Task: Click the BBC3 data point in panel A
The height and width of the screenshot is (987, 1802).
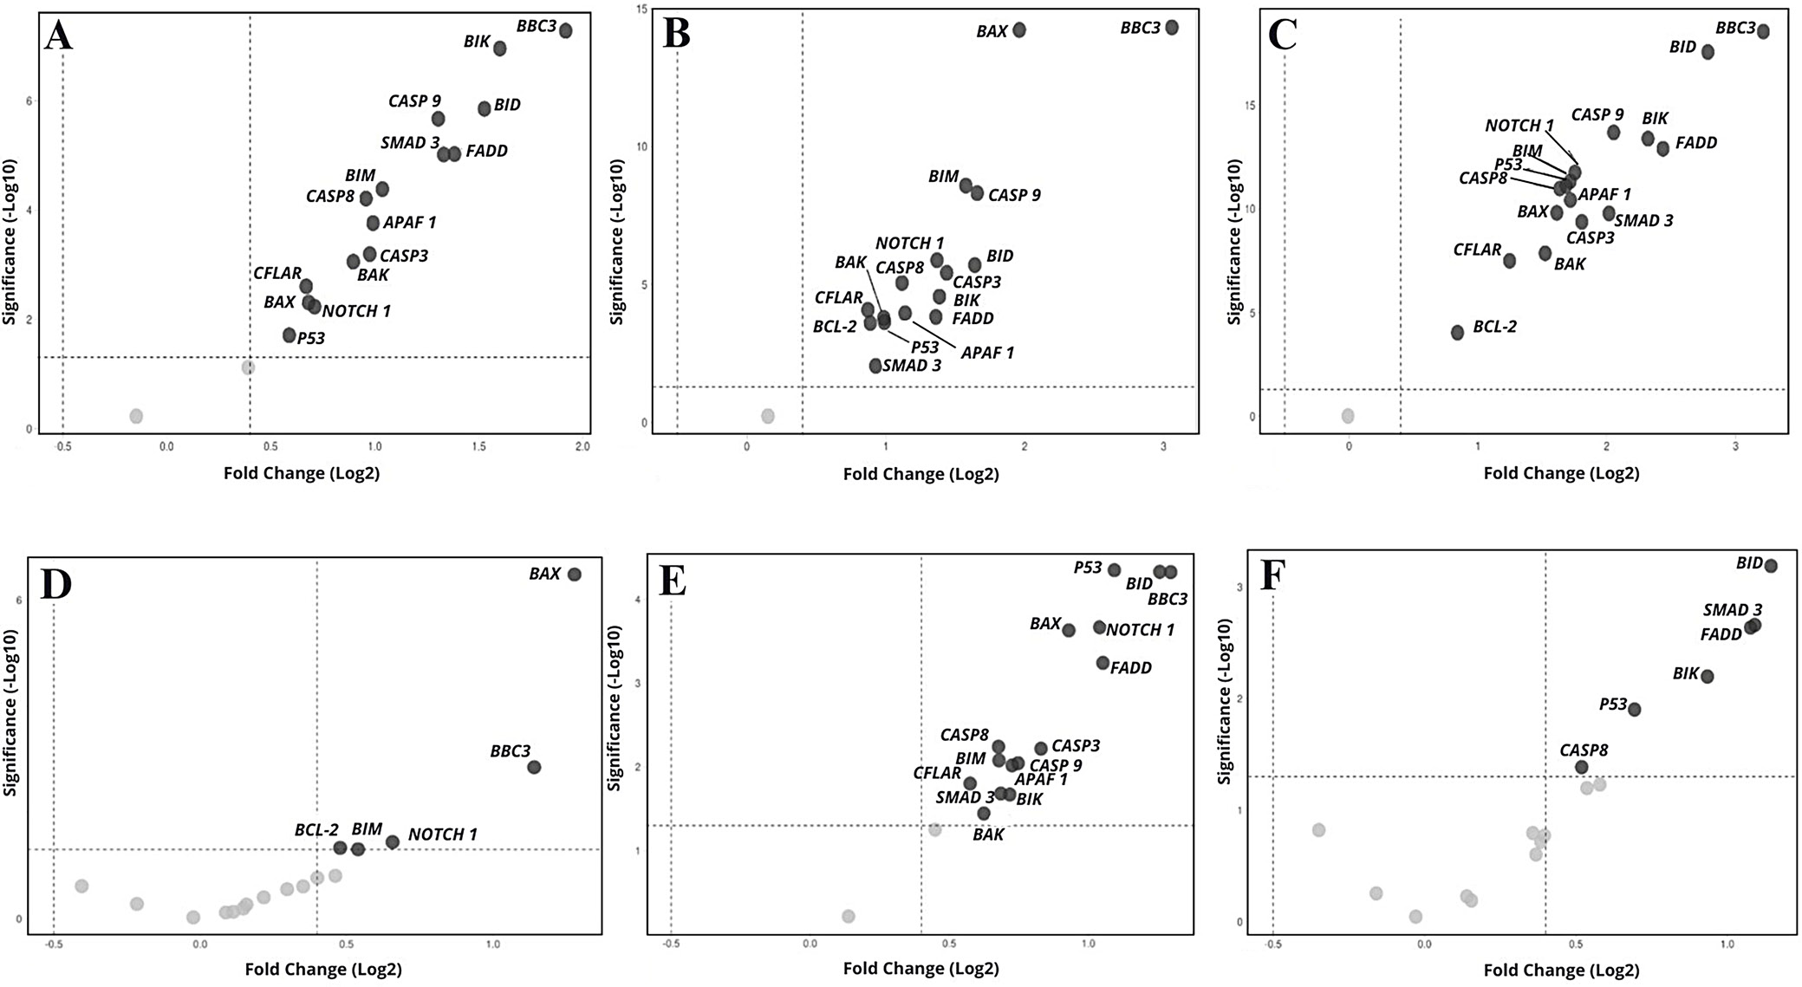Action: click(565, 31)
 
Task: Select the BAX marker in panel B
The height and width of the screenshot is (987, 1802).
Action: click(1019, 30)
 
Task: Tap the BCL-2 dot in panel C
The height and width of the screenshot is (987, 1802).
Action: click(1457, 333)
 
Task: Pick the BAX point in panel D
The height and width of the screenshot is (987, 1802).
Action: click(574, 575)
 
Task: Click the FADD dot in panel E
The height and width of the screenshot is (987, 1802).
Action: click(1103, 663)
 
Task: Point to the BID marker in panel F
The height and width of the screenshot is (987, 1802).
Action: click(1771, 566)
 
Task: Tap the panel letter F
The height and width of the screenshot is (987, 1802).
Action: click(1271, 576)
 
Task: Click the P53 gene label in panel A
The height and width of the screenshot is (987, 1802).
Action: click(311, 339)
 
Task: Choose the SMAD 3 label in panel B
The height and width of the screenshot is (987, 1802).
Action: click(912, 366)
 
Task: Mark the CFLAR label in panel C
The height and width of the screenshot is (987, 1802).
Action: click(1477, 250)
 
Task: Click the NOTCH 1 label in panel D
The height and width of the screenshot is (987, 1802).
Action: click(442, 834)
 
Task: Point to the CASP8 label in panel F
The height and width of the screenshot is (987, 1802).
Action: click(1584, 750)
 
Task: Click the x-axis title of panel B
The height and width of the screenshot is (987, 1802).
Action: click(921, 474)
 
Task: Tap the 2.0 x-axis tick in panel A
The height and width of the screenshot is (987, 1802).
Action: click(582, 447)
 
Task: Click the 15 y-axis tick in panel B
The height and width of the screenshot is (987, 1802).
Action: click(641, 10)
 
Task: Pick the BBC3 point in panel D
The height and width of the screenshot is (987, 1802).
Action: click(534, 767)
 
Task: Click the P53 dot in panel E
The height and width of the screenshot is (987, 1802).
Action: click(1114, 570)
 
